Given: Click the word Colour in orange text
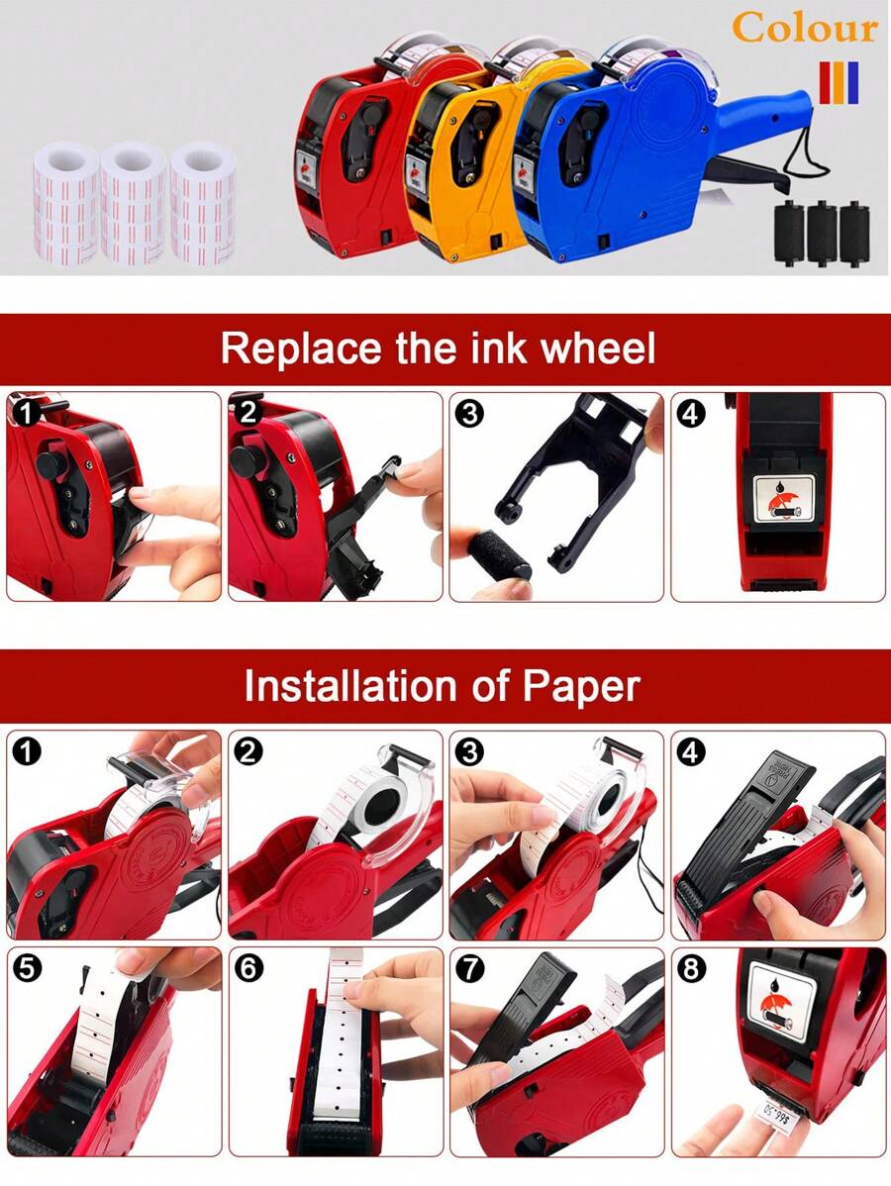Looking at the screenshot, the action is click(x=805, y=28).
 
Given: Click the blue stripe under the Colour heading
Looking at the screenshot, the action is click(x=853, y=82).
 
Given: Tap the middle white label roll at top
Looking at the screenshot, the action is click(x=134, y=203).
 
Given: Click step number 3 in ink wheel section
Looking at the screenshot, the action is click(x=470, y=413).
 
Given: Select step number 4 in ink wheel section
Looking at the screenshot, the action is click(x=691, y=413).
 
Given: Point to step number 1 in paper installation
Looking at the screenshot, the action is click(x=28, y=751).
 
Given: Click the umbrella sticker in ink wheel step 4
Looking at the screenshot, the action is click(x=784, y=498).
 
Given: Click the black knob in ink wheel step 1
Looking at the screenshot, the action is click(x=52, y=463).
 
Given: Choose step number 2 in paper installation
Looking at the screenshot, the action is click(x=248, y=751).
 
